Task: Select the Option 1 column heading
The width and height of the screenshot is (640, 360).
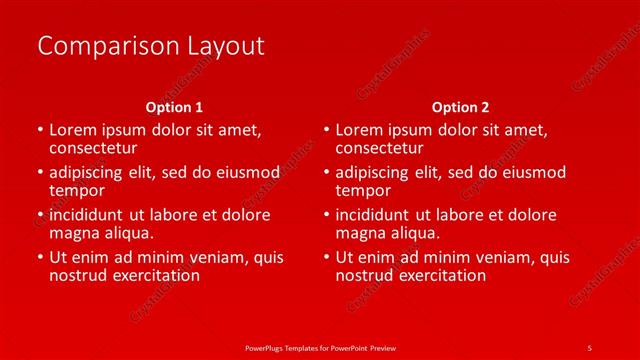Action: (174, 106)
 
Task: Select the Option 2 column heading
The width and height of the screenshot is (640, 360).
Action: (461, 106)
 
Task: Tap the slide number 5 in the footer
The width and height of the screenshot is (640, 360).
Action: (589, 346)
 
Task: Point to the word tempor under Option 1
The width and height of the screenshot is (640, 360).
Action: (77, 190)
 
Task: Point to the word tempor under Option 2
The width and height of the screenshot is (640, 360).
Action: (364, 190)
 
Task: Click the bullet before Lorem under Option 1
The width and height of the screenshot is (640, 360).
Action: (39, 130)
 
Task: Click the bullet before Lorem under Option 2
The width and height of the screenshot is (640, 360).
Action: (326, 130)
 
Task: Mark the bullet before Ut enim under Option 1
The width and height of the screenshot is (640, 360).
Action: (39, 258)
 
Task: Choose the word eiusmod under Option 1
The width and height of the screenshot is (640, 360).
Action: (245, 172)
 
